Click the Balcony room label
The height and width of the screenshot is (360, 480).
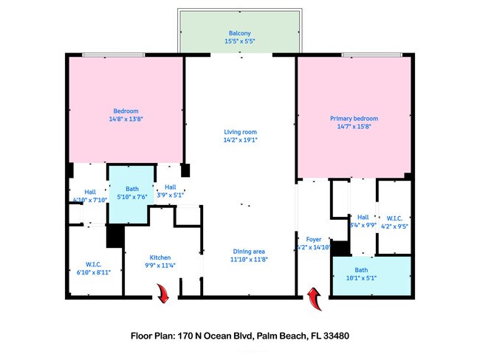click(239, 34)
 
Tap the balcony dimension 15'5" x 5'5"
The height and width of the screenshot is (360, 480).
click(239, 42)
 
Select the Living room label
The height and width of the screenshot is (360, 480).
click(239, 131)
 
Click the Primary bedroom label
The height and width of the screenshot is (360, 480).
click(354, 118)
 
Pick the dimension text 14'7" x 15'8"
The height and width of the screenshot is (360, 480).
click(354, 126)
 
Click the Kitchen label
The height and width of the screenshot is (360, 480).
click(160, 257)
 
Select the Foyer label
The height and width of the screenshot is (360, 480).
click(313, 240)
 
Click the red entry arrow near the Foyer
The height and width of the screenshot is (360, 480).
click(314, 298)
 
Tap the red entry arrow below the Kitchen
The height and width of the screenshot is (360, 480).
click(163, 294)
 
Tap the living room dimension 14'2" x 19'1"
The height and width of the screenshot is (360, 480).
click(239, 139)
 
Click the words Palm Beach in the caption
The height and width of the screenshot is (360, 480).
click(281, 335)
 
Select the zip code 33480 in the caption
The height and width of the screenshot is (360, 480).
click(334, 335)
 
